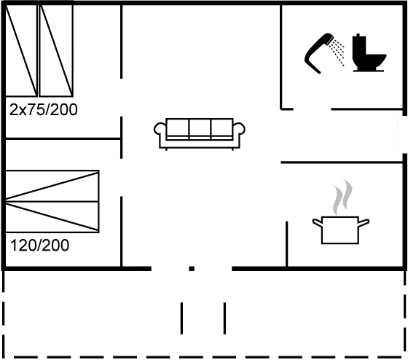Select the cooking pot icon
pos(340,230)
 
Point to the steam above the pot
pos(342,197)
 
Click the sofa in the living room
pos(200,134)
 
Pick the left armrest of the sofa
pos(160,130)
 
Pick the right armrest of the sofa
pos(239,130)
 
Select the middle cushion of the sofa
pos(200,128)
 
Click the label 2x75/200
pos(44,109)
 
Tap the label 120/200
pos(40,245)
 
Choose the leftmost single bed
pos(21,50)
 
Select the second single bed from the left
pos(56,50)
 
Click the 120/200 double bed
pos(52,201)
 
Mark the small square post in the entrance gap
pos(192,269)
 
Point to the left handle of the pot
pos(317,222)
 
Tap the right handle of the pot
pos(364,222)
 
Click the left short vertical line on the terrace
pos(181,318)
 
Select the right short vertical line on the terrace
pos(225,318)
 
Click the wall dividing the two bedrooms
pos(63,139)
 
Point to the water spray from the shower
pos(337,52)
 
